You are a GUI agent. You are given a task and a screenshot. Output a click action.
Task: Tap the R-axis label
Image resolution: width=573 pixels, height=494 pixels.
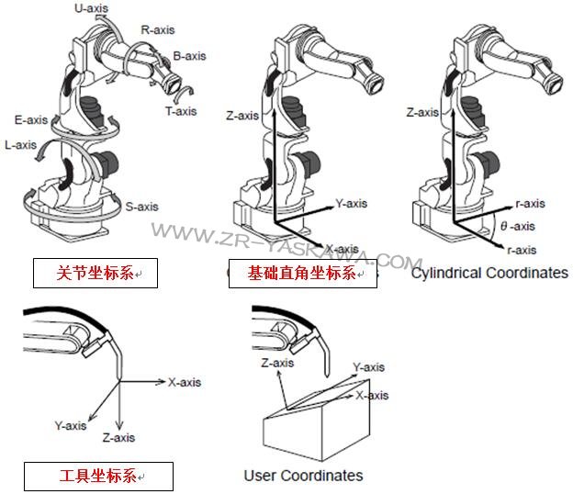157,29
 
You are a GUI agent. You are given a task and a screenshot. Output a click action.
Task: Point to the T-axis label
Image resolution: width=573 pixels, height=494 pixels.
180,111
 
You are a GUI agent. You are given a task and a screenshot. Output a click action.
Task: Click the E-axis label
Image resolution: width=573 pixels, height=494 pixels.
31,120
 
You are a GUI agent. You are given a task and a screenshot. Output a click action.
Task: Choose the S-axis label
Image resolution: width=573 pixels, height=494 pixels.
142,207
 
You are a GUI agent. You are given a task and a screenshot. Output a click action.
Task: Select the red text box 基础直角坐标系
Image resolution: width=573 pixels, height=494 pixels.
303,274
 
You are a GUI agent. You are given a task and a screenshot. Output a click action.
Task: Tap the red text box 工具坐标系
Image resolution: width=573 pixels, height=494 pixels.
97,476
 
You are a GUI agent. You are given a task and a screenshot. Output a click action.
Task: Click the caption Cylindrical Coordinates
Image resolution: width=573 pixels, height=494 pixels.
489,274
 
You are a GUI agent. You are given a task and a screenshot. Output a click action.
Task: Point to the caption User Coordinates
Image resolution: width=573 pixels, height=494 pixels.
303,476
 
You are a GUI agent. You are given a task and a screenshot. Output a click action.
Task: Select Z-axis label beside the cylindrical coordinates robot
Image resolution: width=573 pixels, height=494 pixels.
422,113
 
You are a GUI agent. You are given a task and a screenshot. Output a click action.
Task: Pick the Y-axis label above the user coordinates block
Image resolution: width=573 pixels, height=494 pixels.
368,365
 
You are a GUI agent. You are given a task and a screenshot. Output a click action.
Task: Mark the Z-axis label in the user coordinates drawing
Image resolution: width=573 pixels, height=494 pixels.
277,363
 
